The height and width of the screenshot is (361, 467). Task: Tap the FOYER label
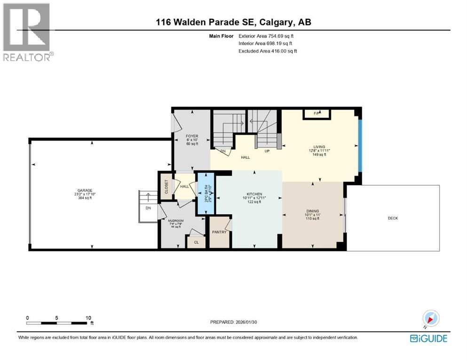tap(192, 136)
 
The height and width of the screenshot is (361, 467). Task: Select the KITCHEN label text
tap(254, 194)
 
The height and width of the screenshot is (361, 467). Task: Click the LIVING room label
tap(319, 147)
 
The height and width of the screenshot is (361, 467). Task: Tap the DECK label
tap(394, 218)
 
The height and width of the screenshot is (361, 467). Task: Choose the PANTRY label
tap(219, 232)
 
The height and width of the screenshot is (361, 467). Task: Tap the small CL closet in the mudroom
tap(196, 243)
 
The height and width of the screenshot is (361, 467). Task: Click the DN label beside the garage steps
tap(148, 208)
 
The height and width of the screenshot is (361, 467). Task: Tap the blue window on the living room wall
tap(360, 146)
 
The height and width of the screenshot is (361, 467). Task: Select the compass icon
tap(430, 319)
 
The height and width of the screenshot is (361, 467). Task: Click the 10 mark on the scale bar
tap(88, 318)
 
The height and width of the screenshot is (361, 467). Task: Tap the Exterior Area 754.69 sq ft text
tap(268, 36)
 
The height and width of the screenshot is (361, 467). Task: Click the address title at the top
tap(234, 22)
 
